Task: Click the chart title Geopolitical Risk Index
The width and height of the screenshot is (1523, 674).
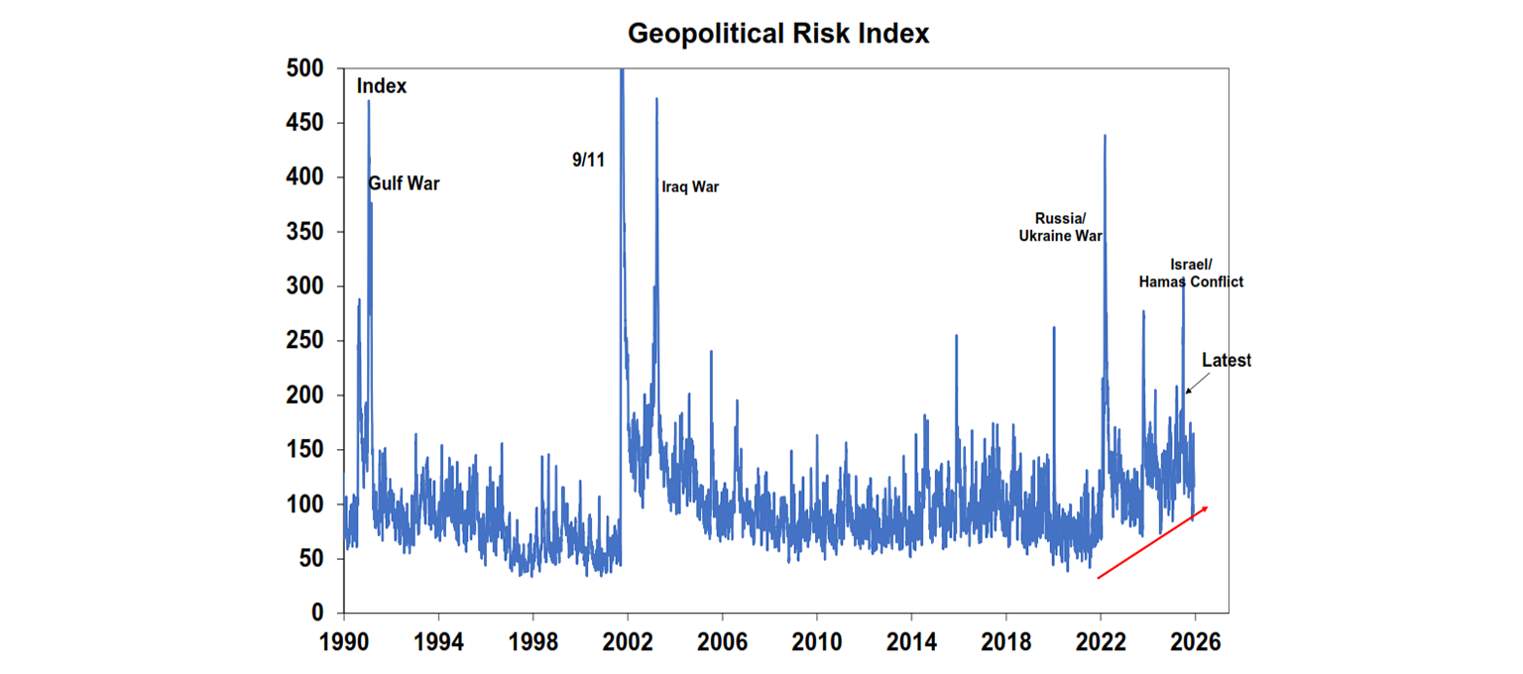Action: coord(778,34)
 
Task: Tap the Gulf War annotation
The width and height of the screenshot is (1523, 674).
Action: coord(405,184)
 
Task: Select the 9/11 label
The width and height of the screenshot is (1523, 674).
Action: coord(588,160)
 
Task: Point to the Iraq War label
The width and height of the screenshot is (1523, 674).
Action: coord(690,186)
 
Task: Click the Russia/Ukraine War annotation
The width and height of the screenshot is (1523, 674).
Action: coord(1061,227)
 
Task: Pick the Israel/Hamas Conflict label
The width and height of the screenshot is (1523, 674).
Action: coord(1191,273)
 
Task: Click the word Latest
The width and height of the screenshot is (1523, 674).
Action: coord(1227,361)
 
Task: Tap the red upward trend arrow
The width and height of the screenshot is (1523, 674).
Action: coord(1152,542)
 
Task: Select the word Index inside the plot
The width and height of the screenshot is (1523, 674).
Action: coord(382,86)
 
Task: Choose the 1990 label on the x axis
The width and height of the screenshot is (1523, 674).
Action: coord(344,641)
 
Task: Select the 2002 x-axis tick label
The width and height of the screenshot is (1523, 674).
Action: coord(628,641)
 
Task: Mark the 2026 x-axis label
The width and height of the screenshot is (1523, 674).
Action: coord(1195,641)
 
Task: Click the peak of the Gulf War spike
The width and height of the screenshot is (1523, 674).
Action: coord(369,101)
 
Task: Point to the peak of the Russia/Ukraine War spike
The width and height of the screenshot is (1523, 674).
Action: coord(1105,136)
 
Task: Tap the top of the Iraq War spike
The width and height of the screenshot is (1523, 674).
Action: coord(656,98)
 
